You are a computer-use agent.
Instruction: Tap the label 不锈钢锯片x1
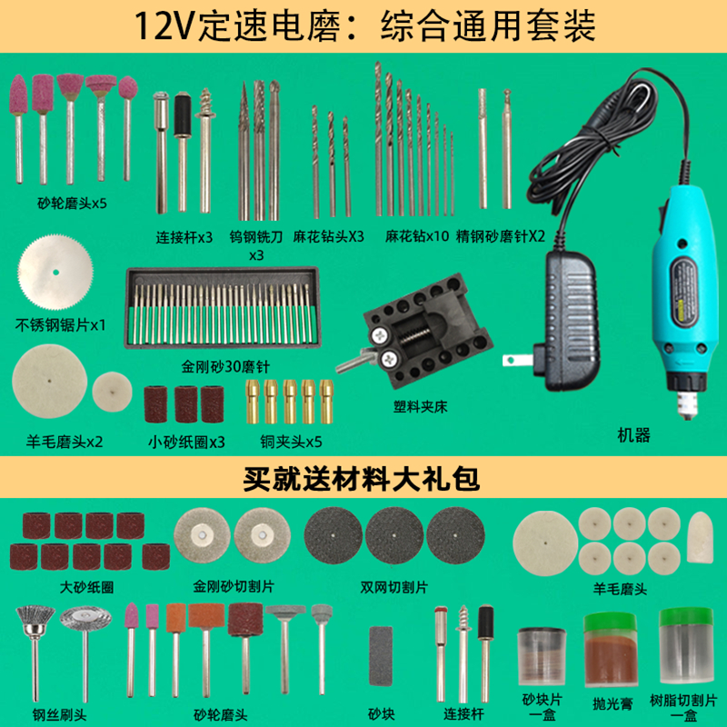click(60, 324)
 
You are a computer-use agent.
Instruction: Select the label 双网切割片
click(394, 587)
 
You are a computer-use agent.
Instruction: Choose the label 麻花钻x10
click(417, 235)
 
